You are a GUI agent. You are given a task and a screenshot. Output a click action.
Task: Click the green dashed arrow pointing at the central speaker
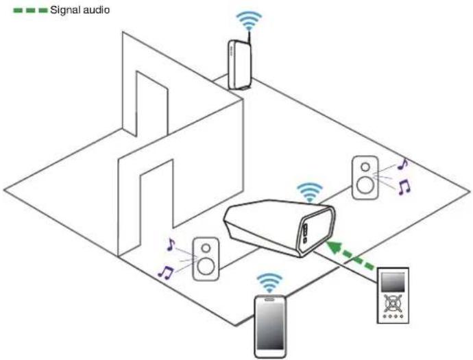(351, 254)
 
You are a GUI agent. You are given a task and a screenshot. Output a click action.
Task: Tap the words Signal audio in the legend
(80, 10)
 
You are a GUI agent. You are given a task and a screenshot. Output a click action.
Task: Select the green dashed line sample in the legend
(30, 10)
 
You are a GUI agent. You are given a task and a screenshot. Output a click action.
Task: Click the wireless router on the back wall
(240, 64)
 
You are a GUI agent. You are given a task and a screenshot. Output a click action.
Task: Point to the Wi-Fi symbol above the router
(249, 20)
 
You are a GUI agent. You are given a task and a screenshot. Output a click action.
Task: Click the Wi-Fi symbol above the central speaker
(309, 192)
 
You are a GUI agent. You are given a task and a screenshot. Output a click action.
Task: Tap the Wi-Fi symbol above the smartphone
(269, 283)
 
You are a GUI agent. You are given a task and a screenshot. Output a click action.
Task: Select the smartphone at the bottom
(270, 327)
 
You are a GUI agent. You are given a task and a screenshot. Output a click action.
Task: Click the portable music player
(393, 296)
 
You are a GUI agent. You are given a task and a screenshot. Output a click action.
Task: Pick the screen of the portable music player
(393, 282)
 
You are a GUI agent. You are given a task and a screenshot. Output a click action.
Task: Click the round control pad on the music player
(393, 303)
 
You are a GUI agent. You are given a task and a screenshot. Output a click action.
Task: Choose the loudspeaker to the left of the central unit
(206, 259)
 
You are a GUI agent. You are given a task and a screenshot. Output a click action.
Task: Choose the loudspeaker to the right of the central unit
(365, 178)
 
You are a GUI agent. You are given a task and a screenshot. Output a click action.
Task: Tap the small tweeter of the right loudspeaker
(365, 167)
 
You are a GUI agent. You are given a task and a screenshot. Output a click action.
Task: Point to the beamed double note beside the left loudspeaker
(166, 272)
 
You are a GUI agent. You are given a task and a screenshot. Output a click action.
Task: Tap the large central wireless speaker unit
(280, 227)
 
